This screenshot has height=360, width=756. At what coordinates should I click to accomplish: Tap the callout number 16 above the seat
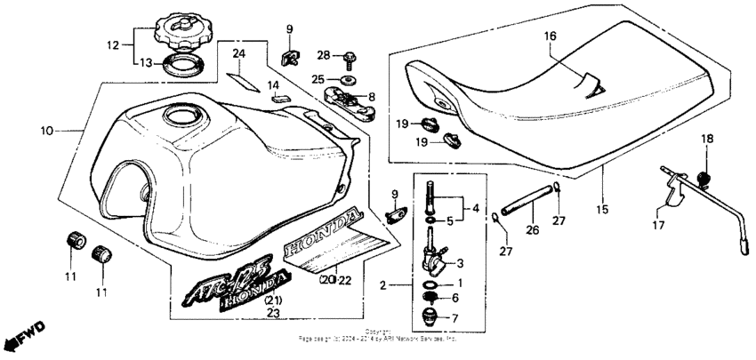(x=550, y=36)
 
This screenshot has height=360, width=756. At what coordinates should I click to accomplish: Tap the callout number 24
(x=237, y=54)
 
